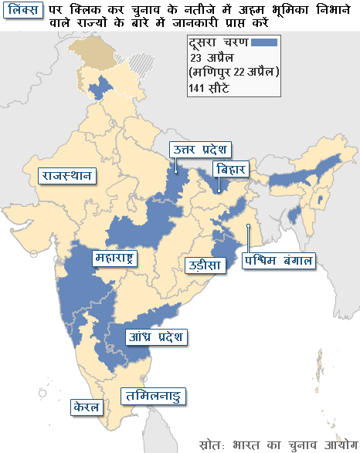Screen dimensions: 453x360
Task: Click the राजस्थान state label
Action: click(x=66, y=175)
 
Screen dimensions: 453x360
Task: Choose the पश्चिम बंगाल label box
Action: click(x=279, y=260)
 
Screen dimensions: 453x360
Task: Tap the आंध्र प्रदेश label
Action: click(x=157, y=336)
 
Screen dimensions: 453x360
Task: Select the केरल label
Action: click(x=86, y=405)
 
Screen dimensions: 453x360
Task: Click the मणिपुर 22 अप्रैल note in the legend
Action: click(x=233, y=73)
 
